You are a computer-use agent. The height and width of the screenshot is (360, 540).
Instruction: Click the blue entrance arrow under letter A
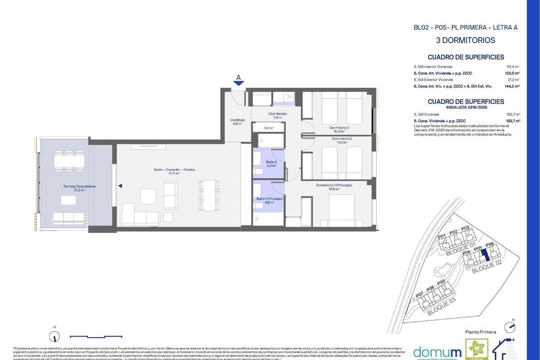(239, 83)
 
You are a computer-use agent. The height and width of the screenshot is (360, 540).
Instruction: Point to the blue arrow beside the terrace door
(120, 185)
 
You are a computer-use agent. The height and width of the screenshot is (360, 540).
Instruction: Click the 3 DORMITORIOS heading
(465, 40)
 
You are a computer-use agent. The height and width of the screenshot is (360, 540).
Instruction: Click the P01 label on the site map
(441, 236)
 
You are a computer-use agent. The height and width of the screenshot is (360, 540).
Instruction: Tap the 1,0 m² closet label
(269, 128)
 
